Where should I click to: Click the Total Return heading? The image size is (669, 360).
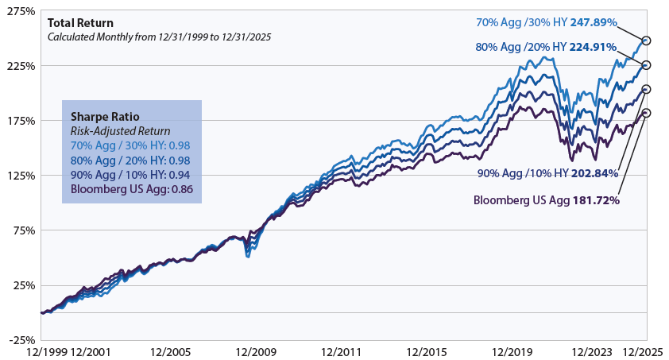(x=80, y=23)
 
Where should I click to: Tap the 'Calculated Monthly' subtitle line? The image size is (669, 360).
(x=159, y=37)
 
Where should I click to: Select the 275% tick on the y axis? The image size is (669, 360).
(x=21, y=11)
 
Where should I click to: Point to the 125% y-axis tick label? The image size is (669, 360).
(x=21, y=176)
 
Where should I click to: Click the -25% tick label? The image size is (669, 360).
(x=21, y=340)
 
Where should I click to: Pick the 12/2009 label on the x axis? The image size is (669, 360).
(x=256, y=352)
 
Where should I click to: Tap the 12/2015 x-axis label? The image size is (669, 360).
(x=427, y=352)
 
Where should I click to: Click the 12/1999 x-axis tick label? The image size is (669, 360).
(x=47, y=352)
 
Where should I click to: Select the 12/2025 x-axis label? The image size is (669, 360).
(x=644, y=352)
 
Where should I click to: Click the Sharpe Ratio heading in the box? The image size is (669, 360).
(x=105, y=117)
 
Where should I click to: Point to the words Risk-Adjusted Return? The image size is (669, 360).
(x=120, y=131)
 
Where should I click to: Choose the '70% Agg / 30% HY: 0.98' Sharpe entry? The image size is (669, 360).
(x=130, y=145)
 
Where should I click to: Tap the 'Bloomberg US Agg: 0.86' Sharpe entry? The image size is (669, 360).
(x=132, y=189)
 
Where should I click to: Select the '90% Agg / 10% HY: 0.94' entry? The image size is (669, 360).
(x=130, y=175)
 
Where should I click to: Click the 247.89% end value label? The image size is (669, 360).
(x=594, y=22)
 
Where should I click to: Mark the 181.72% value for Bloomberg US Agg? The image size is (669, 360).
(x=596, y=200)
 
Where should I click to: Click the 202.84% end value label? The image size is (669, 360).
(x=594, y=173)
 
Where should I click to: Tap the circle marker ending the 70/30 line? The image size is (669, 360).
(x=647, y=41)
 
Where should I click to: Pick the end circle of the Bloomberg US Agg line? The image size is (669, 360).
(x=647, y=113)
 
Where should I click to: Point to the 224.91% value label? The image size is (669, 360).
(x=593, y=47)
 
